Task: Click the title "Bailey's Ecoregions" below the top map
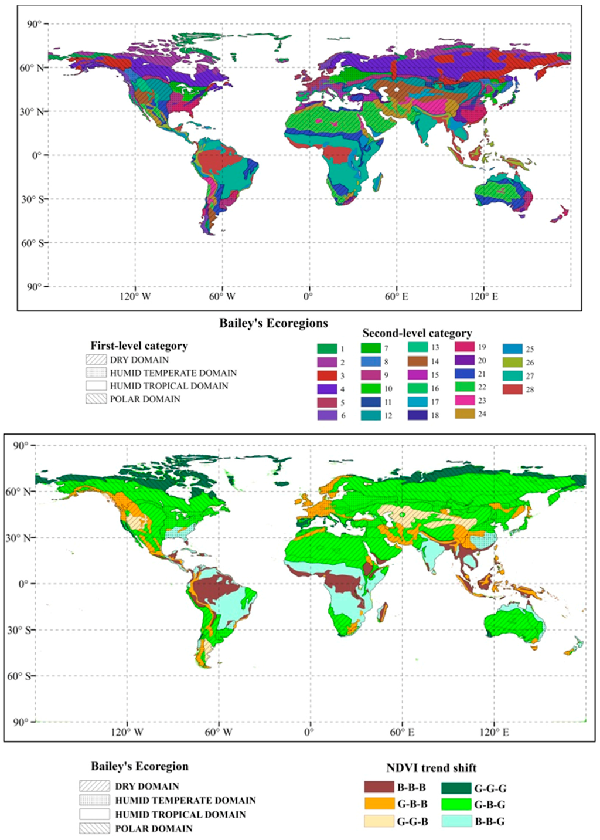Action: pyautogui.click(x=273, y=323)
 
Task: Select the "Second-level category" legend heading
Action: pyautogui.click(x=417, y=333)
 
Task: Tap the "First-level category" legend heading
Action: pyautogui.click(x=139, y=346)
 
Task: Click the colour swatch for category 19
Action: pyautogui.click(x=464, y=347)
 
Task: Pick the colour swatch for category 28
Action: pyautogui.click(x=512, y=389)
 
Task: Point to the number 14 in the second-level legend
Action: pyautogui.click(x=435, y=361)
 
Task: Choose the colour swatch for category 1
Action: pyautogui.click(x=326, y=348)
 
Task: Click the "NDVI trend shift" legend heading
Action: pyautogui.click(x=431, y=768)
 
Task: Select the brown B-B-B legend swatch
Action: pyautogui.click(x=379, y=787)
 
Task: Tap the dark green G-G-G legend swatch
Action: pyautogui.click(x=456, y=788)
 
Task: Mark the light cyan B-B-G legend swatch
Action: pyautogui.click(x=456, y=821)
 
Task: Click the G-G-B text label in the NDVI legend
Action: pyautogui.click(x=412, y=821)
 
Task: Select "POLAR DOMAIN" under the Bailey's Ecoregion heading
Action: pyautogui.click(x=154, y=828)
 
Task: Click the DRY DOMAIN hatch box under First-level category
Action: pyautogui.click(x=96, y=360)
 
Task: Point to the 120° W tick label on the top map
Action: pyautogui.click(x=135, y=297)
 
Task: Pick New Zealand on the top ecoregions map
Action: pyautogui.click(x=560, y=215)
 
